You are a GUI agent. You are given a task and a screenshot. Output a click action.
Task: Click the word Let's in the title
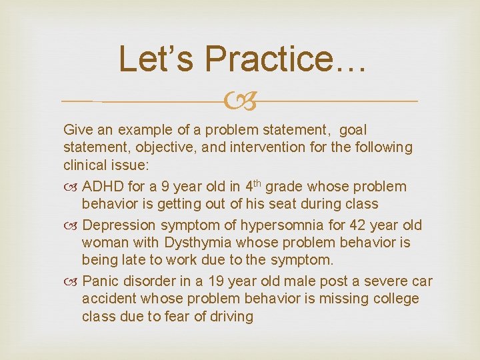click(x=156, y=59)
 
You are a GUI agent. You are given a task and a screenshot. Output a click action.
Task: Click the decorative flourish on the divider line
click(x=241, y=102)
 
